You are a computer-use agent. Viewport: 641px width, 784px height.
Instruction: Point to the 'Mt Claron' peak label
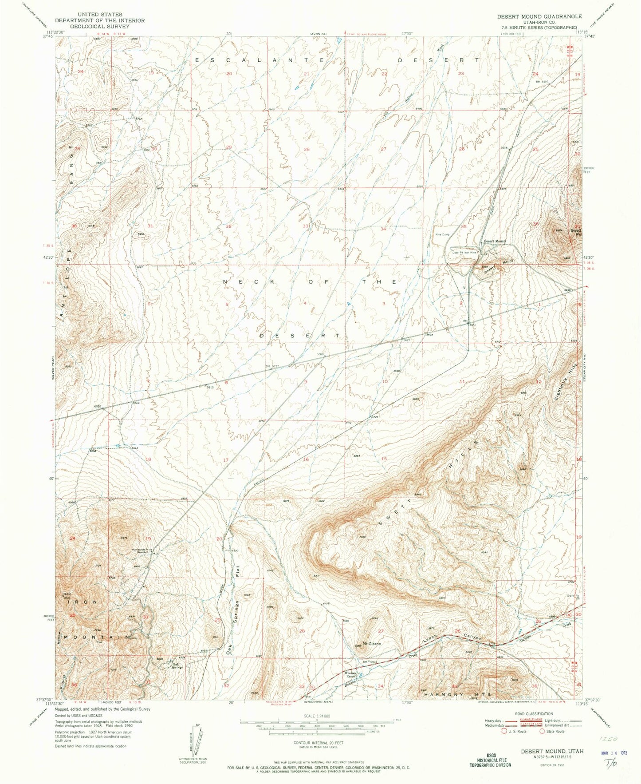372,643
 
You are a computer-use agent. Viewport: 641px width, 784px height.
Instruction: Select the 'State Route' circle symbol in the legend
542,731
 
